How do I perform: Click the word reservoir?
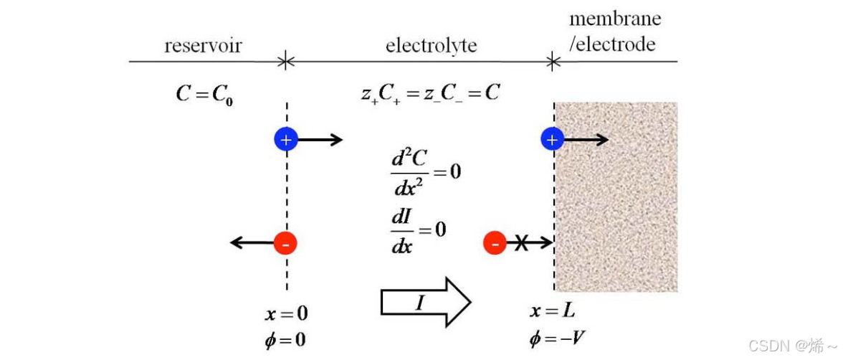(x=203, y=47)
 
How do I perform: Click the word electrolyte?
(x=431, y=47)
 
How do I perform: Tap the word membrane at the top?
(x=615, y=19)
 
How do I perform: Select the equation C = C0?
(x=205, y=93)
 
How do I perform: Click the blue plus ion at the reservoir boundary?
(x=286, y=139)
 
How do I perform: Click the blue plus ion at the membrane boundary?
(x=551, y=139)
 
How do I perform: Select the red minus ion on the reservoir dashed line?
(x=285, y=244)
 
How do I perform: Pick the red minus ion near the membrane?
(x=495, y=244)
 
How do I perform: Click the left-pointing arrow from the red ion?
(x=251, y=244)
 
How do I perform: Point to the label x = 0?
(x=287, y=314)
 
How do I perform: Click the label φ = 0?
(x=286, y=338)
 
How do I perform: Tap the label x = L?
(x=553, y=311)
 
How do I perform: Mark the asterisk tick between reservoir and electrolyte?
(x=286, y=62)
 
